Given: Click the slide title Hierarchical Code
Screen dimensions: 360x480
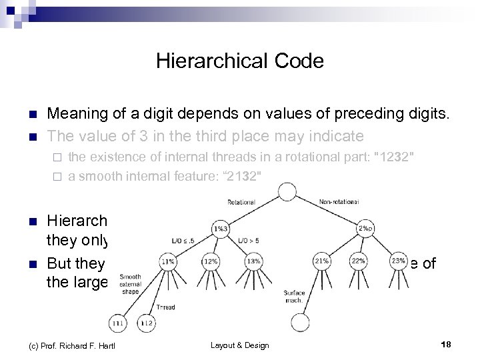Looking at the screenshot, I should coord(240,61).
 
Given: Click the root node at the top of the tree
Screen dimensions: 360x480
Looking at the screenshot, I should coord(287,192).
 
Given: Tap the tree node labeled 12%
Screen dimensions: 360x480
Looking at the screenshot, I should coord(211,261).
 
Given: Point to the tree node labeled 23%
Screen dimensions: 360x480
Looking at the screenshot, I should coord(399,261).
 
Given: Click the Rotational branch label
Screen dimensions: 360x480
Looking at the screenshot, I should coord(241,201).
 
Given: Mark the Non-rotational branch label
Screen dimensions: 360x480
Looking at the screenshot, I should coord(338,201).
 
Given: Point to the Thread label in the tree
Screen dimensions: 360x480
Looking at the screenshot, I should coord(165,307).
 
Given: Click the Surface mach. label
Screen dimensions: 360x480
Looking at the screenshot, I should coord(294,297).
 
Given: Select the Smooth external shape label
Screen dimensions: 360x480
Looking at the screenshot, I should coord(131,284).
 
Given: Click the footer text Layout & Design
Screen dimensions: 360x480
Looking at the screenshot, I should coord(240,345).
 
